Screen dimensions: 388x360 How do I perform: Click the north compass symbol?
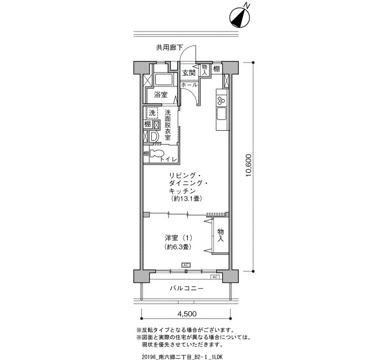[x=239, y=17]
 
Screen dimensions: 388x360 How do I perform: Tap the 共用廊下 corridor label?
[x=170, y=48]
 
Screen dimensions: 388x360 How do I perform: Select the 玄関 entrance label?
[x=189, y=73]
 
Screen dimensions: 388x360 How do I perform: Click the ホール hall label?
[x=190, y=85]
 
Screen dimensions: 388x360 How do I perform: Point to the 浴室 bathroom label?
[x=161, y=95]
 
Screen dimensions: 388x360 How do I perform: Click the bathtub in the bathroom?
[x=164, y=80]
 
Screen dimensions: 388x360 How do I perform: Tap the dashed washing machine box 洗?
[x=152, y=113]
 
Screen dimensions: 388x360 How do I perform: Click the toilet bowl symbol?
[x=156, y=153]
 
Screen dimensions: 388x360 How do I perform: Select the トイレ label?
[x=169, y=160]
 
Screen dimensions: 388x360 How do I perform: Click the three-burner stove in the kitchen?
[x=222, y=100]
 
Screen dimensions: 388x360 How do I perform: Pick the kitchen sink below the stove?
[x=222, y=113]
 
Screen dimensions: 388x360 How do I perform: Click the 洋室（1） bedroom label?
[x=178, y=238]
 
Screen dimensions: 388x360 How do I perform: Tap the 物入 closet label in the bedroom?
[x=221, y=235]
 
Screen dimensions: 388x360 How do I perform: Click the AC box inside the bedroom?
[x=186, y=265]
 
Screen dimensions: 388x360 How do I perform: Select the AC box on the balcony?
[x=215, y=277]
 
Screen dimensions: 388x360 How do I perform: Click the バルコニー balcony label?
[x=187, y=289]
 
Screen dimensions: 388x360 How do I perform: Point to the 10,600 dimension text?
[x=248, y=166]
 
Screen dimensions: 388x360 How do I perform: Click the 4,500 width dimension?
[x=187, y=314]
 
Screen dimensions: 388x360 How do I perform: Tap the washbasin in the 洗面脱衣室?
[x=154, y=136]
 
